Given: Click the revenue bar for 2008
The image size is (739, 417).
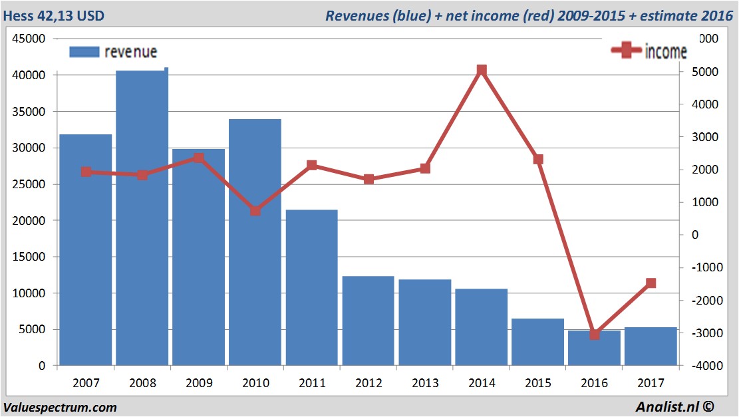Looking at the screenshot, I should tap(142, 219).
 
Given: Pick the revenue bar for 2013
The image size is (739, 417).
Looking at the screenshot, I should tap(424, 323).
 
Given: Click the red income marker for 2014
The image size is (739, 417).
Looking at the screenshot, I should tap(482, 70).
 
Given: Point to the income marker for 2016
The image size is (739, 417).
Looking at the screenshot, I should tap(595, 334).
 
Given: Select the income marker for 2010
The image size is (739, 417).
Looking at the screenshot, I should tap(255, 210).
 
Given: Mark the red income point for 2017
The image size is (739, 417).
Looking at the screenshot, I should tap(651, 283).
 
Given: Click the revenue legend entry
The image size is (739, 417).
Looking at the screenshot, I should tap(113, 52).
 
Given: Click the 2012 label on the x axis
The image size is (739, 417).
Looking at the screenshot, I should tap(369, 383).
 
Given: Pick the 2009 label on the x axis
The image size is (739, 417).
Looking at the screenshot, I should tap(199, 383).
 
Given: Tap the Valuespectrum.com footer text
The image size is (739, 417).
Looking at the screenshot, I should tap(60, 407).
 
